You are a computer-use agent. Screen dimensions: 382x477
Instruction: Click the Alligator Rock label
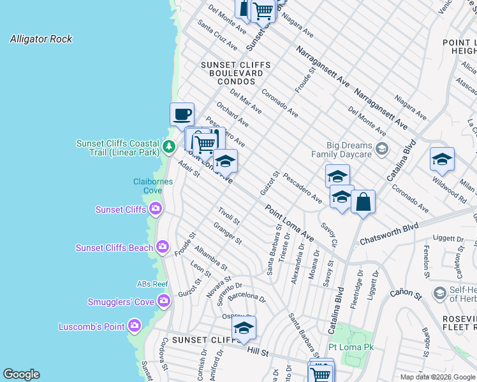pyautogui.click(x=41, y=39)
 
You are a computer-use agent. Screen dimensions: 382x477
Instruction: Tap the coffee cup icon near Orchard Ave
pyautogui.click(x=182, y=114)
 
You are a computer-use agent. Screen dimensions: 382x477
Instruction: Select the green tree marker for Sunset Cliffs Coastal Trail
pyautogui.click(x=168, y=147)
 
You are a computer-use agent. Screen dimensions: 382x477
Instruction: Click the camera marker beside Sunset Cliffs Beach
pyautogui.click(x=163, y=247)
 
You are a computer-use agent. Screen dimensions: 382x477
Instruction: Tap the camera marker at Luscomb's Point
pyautogui.click(x=134, y=327)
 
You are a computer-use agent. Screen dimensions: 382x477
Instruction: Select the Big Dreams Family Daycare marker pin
pyautogui.click(x=382, y=150)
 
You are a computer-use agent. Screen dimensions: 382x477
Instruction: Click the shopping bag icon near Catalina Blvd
pyautogui.click(x=363, y=202)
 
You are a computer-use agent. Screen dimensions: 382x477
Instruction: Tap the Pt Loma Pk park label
pyautogui.click(x=351, y=347)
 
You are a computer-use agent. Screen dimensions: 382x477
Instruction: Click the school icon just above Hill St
pyautogui.click(x=243, y=328)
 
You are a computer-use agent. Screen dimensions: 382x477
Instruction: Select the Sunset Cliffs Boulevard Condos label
pyautogui.click(x=236, y=73)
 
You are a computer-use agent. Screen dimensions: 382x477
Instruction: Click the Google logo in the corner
pyautogui.click(x=21, y=374)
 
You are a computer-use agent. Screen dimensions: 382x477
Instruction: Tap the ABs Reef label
pyautogui.click(x=152, y=284)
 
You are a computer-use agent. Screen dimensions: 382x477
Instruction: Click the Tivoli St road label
pyautogui.click(x=228, y=216)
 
